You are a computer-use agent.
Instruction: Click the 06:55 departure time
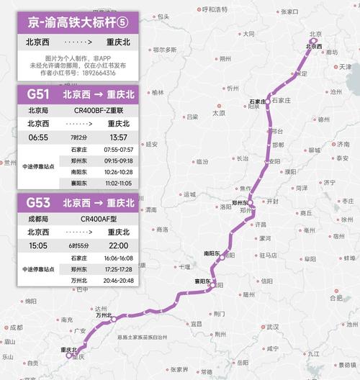tap(38, 137)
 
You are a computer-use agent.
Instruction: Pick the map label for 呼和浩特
tap(213, 9)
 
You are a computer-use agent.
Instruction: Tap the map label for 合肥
tap(336, 297)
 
